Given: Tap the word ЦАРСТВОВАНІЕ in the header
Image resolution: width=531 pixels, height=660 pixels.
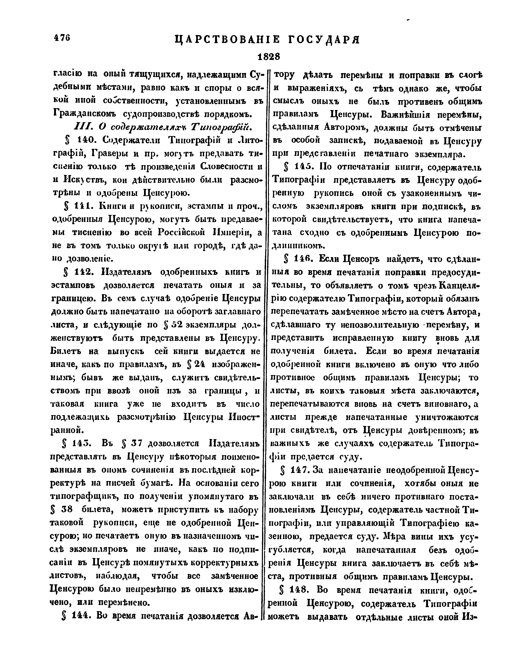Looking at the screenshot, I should (x=226, y=40).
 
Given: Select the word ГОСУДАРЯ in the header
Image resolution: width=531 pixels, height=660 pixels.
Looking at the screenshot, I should (x=325, y=40).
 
